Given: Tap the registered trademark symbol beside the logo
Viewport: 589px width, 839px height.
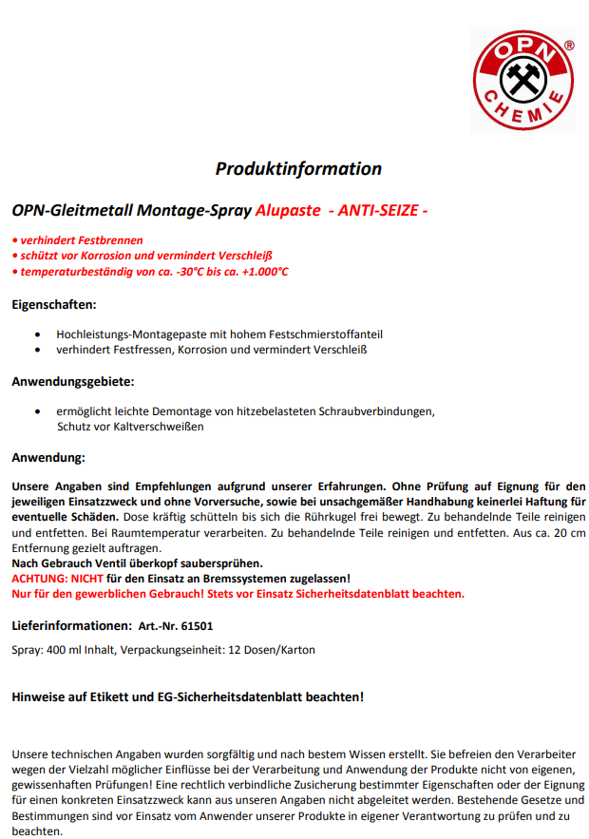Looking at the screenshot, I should coord(569,45).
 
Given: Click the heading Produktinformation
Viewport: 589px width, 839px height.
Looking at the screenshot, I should coord(298,169).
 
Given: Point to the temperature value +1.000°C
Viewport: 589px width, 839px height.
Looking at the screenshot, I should coord(260,272).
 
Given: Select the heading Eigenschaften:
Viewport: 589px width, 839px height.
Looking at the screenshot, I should coord(53,305).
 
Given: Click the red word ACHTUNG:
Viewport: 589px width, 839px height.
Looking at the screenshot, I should coord(40,578).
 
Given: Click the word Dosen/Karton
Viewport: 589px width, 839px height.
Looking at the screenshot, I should coord(279,650).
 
